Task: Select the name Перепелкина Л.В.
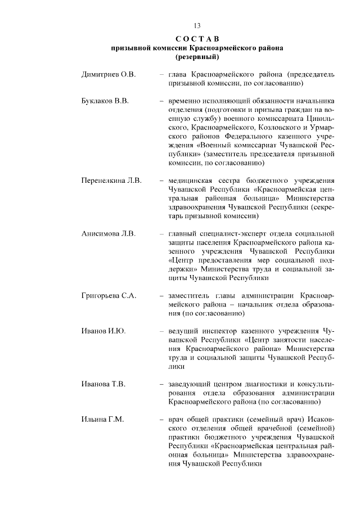click(111, 181)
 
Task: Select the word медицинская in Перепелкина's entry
click(190, 181)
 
